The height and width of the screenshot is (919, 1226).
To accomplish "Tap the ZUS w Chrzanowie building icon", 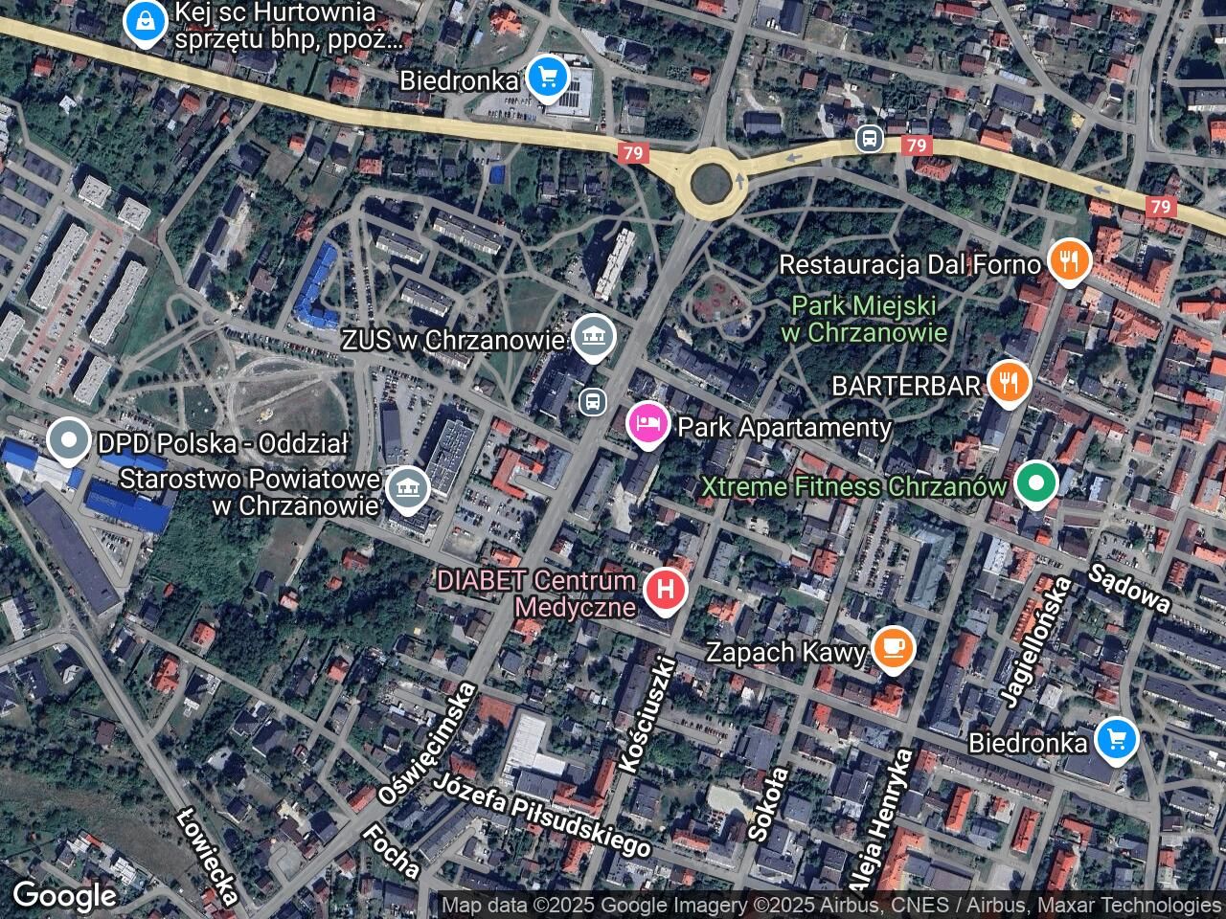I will tap(594, 336).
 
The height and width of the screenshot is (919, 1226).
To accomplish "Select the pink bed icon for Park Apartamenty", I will tap(647, 424).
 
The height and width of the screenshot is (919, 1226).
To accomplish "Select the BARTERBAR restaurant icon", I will tap(1008, 383).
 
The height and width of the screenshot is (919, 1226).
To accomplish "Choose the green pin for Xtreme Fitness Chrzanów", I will tap(1034, 483).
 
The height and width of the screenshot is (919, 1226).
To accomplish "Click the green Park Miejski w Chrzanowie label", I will tap(864, 320).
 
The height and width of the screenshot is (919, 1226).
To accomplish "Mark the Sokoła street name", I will tap(770, 803).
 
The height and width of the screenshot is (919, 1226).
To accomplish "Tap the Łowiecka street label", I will tap(208, 855).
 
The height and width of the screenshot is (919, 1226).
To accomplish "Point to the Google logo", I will tap(64, 896).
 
